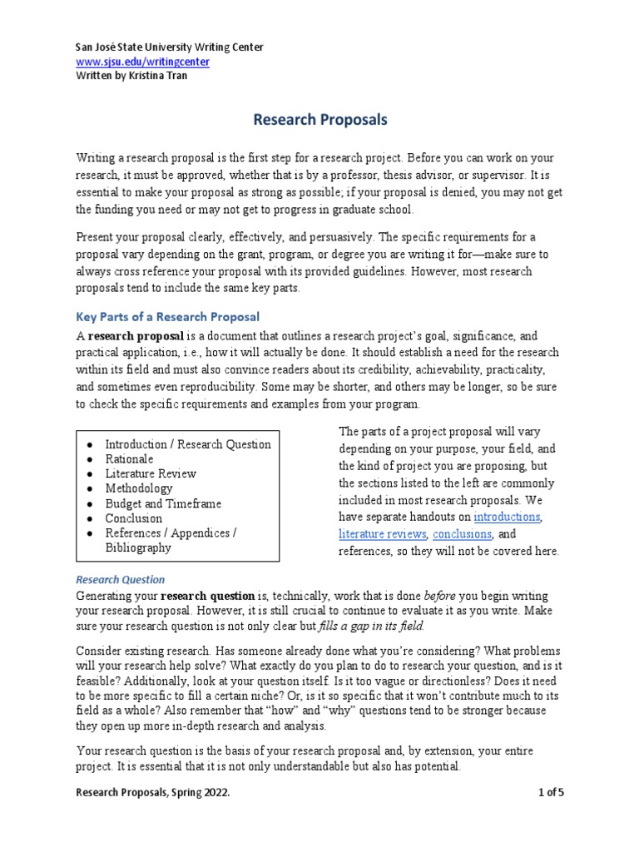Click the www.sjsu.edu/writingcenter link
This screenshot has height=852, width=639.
point(142,62)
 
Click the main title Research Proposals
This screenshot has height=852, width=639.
point(320,120)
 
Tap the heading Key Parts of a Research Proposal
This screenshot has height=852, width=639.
point(168,317)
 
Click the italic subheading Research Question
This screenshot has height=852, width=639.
point(121,579)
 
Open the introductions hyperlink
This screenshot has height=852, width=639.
point(507,517)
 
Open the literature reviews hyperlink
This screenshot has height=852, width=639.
point(383,534)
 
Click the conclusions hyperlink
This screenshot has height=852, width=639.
point(463,534)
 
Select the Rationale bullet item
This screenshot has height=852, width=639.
point(129,458)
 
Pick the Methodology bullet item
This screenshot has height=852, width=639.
point(139,488)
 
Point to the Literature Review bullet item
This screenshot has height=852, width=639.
point(151,473)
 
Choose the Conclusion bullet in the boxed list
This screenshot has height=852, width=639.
point(133,518)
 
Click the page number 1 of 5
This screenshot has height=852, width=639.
point(551,816)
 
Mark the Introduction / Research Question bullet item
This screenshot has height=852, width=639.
point(187,443)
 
